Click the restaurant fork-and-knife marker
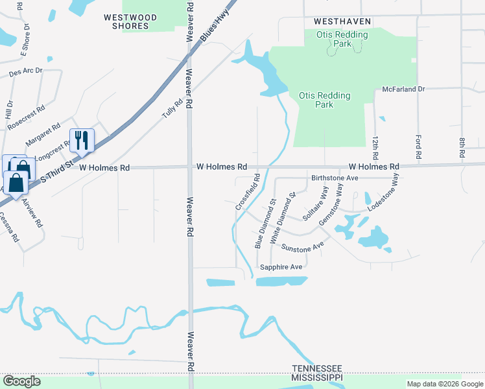click(x=82, y=140)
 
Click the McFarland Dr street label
click(x=403, y=89)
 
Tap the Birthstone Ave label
click(x=335, y=178)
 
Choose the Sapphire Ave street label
click(x=281, y=266)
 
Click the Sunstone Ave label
click(x=302, y=247)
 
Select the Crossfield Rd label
click(x=248, y=191)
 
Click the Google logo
click(x=21, y=381)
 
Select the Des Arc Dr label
click(x=26, y=72)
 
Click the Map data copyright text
click(x=444, y=384)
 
